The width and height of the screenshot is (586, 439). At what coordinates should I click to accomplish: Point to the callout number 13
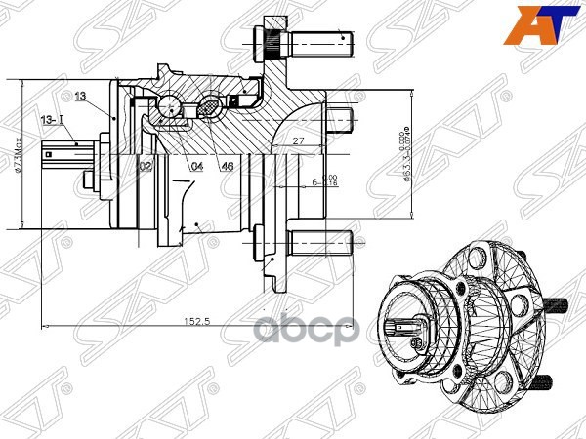pos(80,96)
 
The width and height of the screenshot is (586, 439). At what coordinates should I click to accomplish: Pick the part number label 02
pos(145,167)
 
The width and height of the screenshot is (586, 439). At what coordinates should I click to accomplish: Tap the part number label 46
pos(227,167)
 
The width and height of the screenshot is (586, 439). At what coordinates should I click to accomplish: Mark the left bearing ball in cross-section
pos(172,105)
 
